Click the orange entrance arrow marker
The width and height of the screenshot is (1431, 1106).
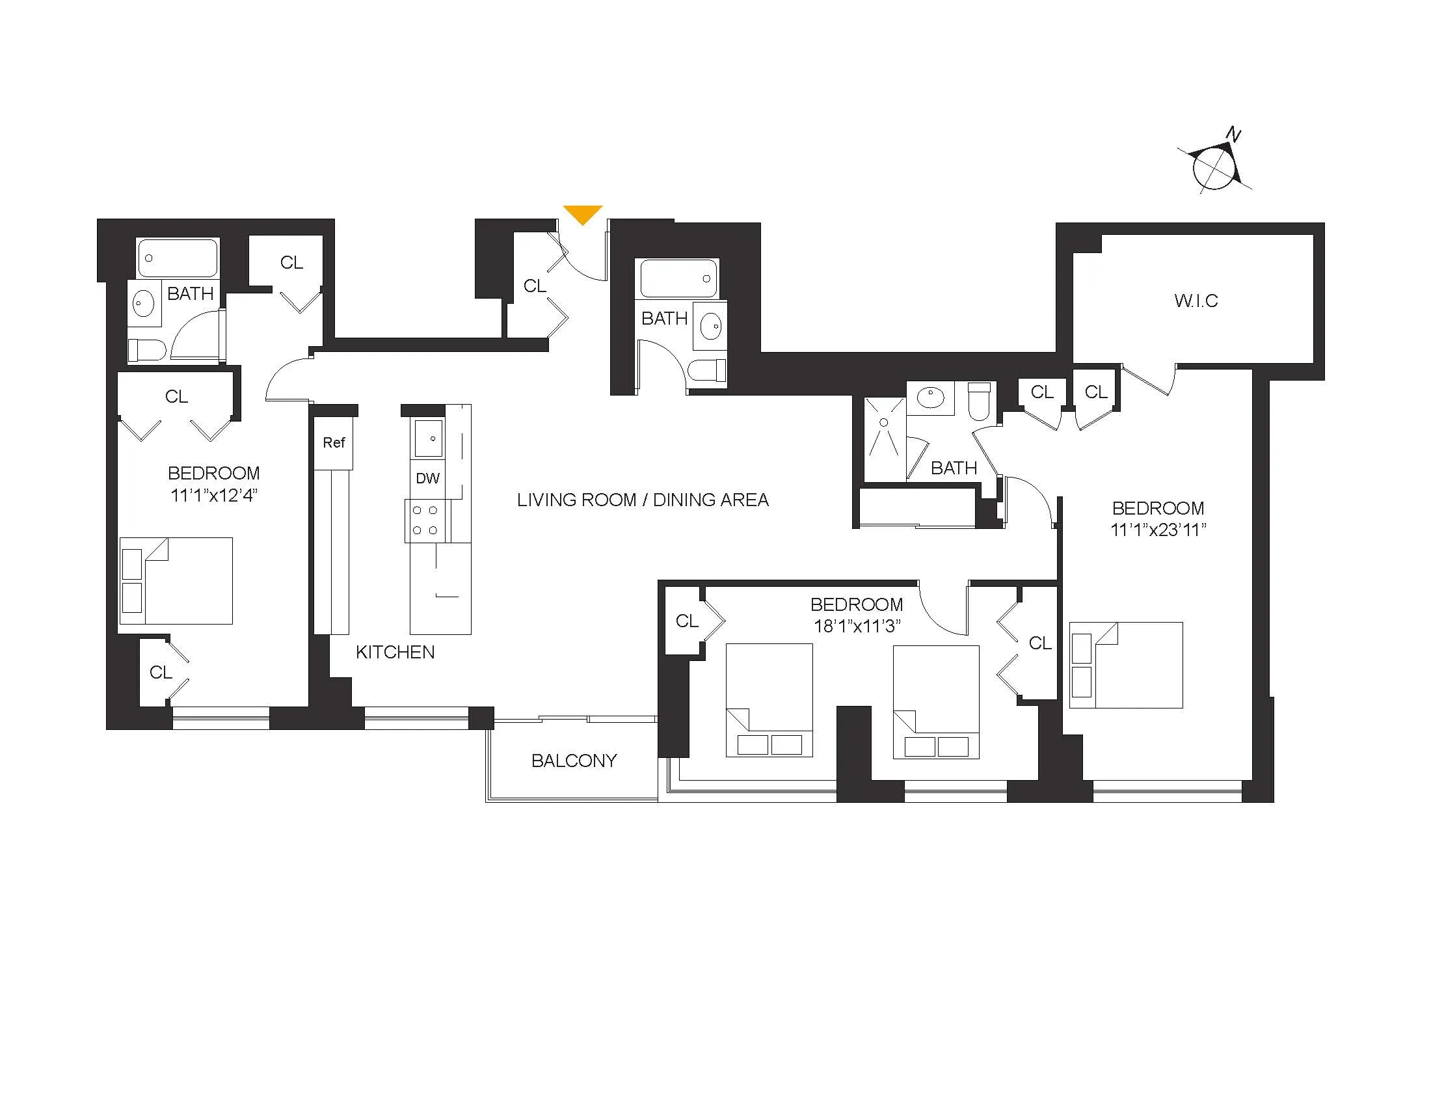(x=583, y=213)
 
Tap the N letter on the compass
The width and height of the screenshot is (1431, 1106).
(x=1234, y=135)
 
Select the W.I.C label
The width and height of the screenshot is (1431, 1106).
(x=1196, y=301)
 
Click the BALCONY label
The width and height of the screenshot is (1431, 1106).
(x=574, y=761)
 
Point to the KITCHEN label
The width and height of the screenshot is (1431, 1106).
(x=395, y=652)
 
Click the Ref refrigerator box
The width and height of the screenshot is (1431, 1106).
(x=334, y=443)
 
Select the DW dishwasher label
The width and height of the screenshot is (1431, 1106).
(x=427, y=479)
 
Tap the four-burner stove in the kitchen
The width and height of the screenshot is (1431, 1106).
(x=425, y=521)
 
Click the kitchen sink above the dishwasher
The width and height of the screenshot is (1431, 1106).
(x=428, y=438)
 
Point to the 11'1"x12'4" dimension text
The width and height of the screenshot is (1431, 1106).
(x=213, y=495)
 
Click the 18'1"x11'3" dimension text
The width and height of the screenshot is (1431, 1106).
(x=857, y=627)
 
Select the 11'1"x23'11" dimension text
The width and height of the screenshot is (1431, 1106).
(x=1158, y=530)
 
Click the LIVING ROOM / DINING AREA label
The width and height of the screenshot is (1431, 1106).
(x=642, y=500)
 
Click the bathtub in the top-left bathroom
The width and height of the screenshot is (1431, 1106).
(x=178, y=258)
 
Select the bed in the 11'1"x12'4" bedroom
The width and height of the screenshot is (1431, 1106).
(x=176, y=580)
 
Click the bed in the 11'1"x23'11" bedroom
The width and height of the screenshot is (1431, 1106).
(x=1126, y=665)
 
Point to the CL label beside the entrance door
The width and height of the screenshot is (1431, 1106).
(x=535, y=286)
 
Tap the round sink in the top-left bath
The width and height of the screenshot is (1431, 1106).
(x=144, y=303)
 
